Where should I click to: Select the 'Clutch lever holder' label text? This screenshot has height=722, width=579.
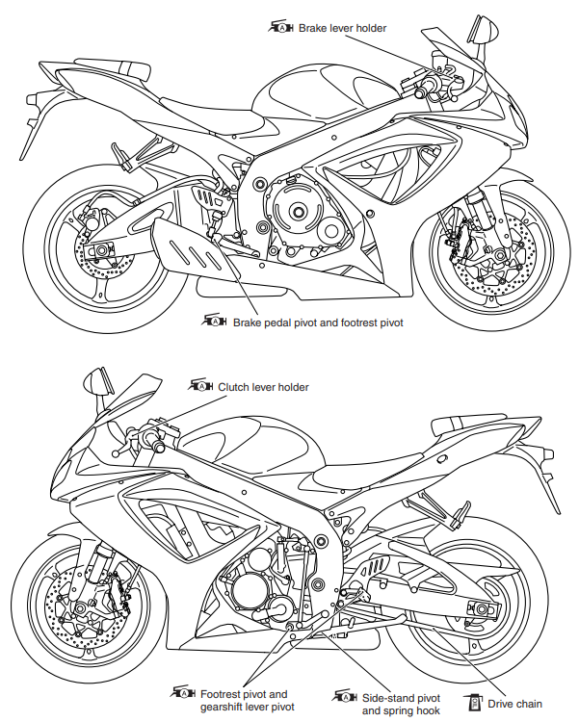click(263, 387)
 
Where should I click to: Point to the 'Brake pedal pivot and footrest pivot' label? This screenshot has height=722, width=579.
click(317, 322)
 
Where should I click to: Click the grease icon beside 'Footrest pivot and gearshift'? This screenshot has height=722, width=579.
click(182, 694)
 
